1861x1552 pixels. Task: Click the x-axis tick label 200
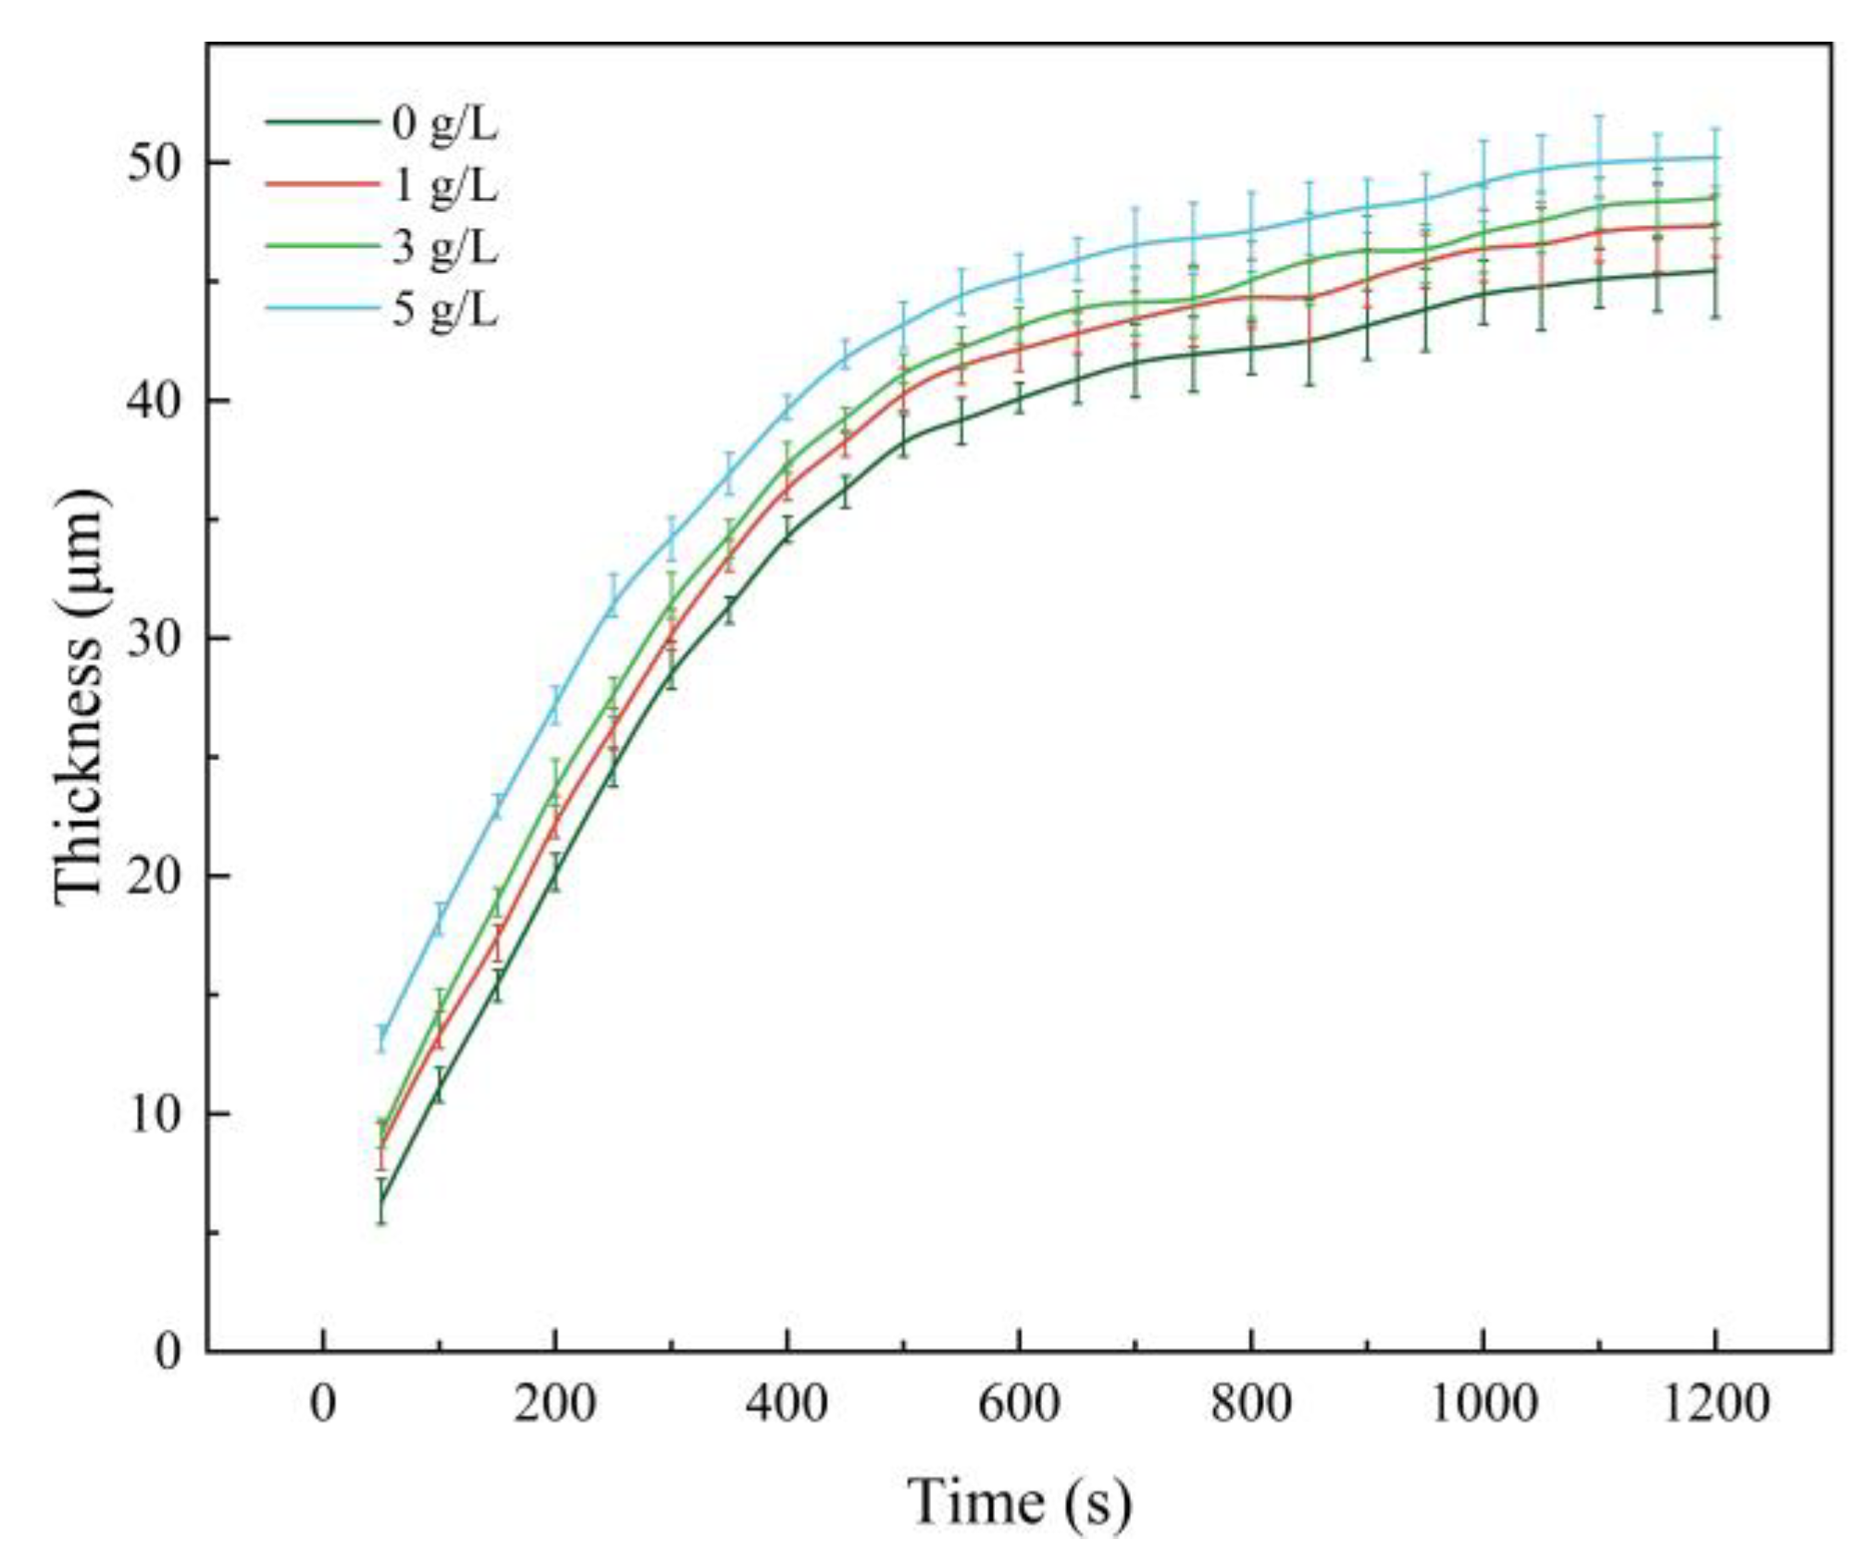(x=554, y=1404)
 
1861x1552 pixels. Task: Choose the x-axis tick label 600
(x=1019, y=1404)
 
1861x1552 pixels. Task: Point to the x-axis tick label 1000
(x=1483, y=1404)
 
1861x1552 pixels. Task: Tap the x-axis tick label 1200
(x=1716, y=1404)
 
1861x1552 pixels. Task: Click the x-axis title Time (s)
(x=1019, y=1501)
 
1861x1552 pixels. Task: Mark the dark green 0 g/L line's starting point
(x=380, y=1202)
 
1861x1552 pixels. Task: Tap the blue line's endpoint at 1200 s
(x=1716, y=157)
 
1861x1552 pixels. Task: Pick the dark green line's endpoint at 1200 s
(x=1716, y=270)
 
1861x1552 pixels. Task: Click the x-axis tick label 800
(x=1251, y=1404)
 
